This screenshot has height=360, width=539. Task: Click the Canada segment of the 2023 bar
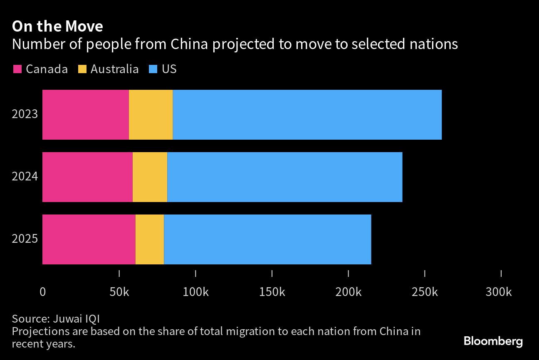pos(86,115)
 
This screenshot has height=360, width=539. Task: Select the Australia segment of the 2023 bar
pos(151,115)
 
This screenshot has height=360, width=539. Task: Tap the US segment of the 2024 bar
pos(284,177)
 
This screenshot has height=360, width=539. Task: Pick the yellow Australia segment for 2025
pos(150,239)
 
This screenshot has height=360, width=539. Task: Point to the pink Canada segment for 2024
pos(87,177)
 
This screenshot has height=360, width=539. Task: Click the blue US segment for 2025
pos(267,239)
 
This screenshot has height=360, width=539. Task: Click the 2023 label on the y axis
pos(25,114)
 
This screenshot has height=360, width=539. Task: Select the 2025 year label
pos(25,239)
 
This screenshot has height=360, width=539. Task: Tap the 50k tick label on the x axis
pos(119,292)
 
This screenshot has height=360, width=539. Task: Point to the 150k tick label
pos(272,292)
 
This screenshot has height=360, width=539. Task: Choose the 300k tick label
pos(499,292)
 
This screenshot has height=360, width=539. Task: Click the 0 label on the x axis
pos(42,292)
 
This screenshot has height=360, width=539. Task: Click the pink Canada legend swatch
pos(17,69)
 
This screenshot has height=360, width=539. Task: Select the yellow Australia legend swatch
pos(82,69)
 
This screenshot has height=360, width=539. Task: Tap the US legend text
pos(169,69)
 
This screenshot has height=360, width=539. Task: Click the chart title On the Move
pos(57,27)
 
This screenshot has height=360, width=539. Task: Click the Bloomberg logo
pos(493,342)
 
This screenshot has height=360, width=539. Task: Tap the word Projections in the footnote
pos(36,332)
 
